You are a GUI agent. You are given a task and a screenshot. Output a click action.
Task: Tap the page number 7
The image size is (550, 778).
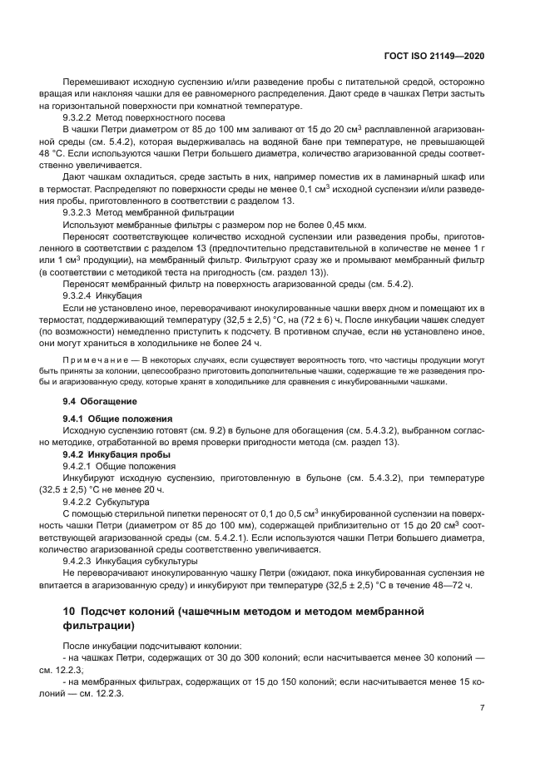tap(482, 709)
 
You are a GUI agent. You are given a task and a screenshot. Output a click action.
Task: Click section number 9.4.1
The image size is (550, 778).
tap(77, 418)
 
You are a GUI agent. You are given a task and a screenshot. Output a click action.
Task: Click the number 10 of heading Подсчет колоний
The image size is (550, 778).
tap(70, 613)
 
